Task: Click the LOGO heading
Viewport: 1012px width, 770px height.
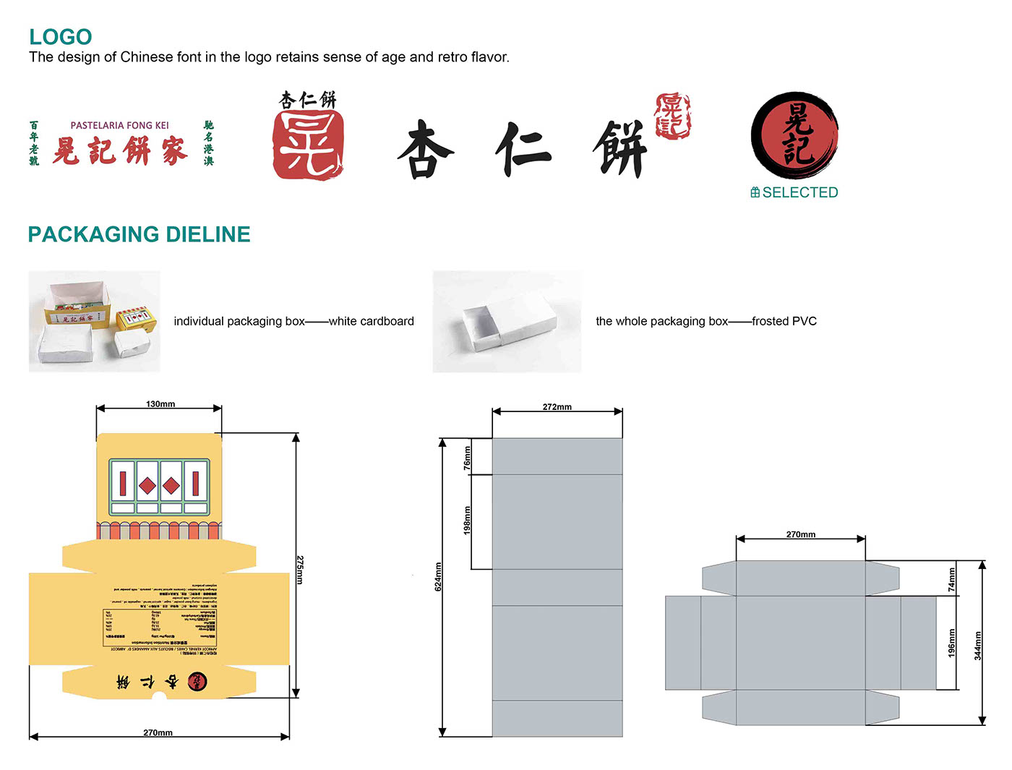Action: (61, 37)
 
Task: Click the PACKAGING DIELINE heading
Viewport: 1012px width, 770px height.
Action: (139, 234)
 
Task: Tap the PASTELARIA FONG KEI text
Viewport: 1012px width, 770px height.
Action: (119, 125)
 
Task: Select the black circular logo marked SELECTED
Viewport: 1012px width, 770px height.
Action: (794, 135)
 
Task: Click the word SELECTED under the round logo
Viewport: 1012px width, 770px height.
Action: (799, 192)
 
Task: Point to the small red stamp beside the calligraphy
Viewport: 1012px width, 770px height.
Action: (672, 116)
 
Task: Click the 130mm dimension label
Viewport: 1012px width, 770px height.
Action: (160, 404)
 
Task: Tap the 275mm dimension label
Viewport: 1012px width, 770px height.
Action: (299, 570)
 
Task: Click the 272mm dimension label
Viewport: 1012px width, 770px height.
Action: (557, 407)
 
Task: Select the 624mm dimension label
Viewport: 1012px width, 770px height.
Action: (438, 576)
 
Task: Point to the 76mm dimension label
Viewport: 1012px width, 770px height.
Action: (467, 458)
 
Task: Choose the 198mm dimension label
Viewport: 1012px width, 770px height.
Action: (467, 520)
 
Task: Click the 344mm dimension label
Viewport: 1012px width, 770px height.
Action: (978, 646)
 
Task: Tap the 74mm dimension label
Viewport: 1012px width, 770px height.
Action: (951, 580)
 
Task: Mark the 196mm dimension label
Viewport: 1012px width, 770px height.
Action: (951, 643)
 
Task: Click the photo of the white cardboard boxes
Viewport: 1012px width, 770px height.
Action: (94, 321)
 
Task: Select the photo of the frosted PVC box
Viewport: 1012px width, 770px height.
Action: (507, 321)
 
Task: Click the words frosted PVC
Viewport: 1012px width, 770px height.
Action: (784, 321)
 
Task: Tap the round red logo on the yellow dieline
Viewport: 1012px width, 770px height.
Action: (197, 681)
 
